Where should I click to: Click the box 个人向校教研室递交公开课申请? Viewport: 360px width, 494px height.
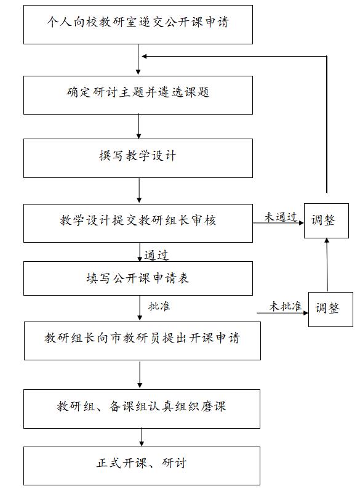[138, 25]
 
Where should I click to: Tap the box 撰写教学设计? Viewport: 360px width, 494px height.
[138, 158]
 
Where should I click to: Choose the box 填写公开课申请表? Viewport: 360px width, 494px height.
[138, 278]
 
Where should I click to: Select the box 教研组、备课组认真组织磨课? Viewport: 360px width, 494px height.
[142, 408]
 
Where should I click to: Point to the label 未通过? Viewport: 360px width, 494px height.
[281, 217]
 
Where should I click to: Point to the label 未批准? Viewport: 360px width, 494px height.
[285, 306]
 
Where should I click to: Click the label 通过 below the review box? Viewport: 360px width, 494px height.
[156, 254]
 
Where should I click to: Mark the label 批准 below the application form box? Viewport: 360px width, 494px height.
[159, 307]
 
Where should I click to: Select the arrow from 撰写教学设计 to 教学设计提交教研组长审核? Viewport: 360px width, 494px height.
[140, 190]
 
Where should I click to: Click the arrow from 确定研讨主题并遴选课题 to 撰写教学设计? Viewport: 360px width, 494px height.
[140, 126]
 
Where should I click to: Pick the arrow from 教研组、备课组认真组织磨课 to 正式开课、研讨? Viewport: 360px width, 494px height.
[142, 437]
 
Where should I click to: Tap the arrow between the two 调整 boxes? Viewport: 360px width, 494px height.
[327, 265]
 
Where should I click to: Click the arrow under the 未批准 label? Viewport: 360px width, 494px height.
[282, 314]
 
